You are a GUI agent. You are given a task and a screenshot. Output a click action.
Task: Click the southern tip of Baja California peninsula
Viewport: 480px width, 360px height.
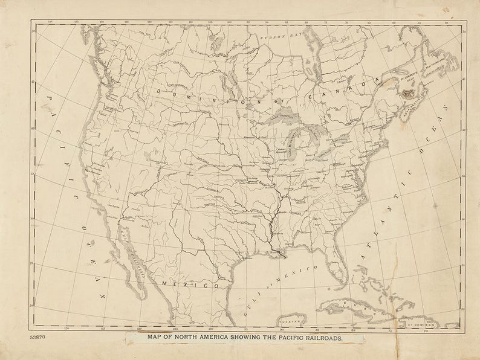144,298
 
